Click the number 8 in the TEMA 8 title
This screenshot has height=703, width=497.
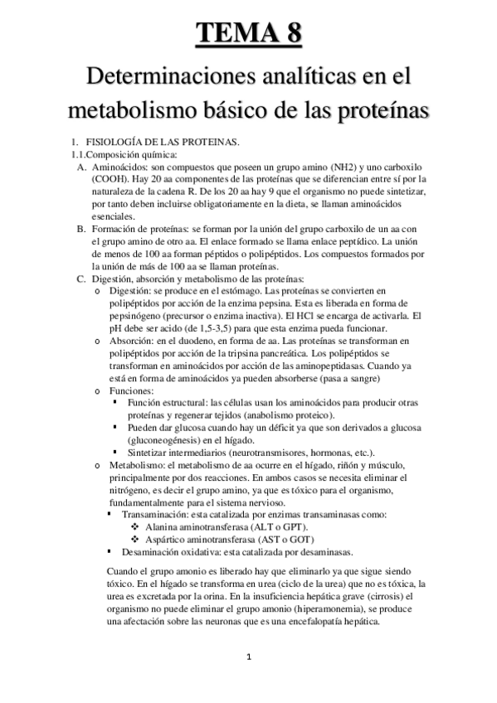click(291, 34)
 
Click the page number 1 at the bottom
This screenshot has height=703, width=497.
click(248, 658)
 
